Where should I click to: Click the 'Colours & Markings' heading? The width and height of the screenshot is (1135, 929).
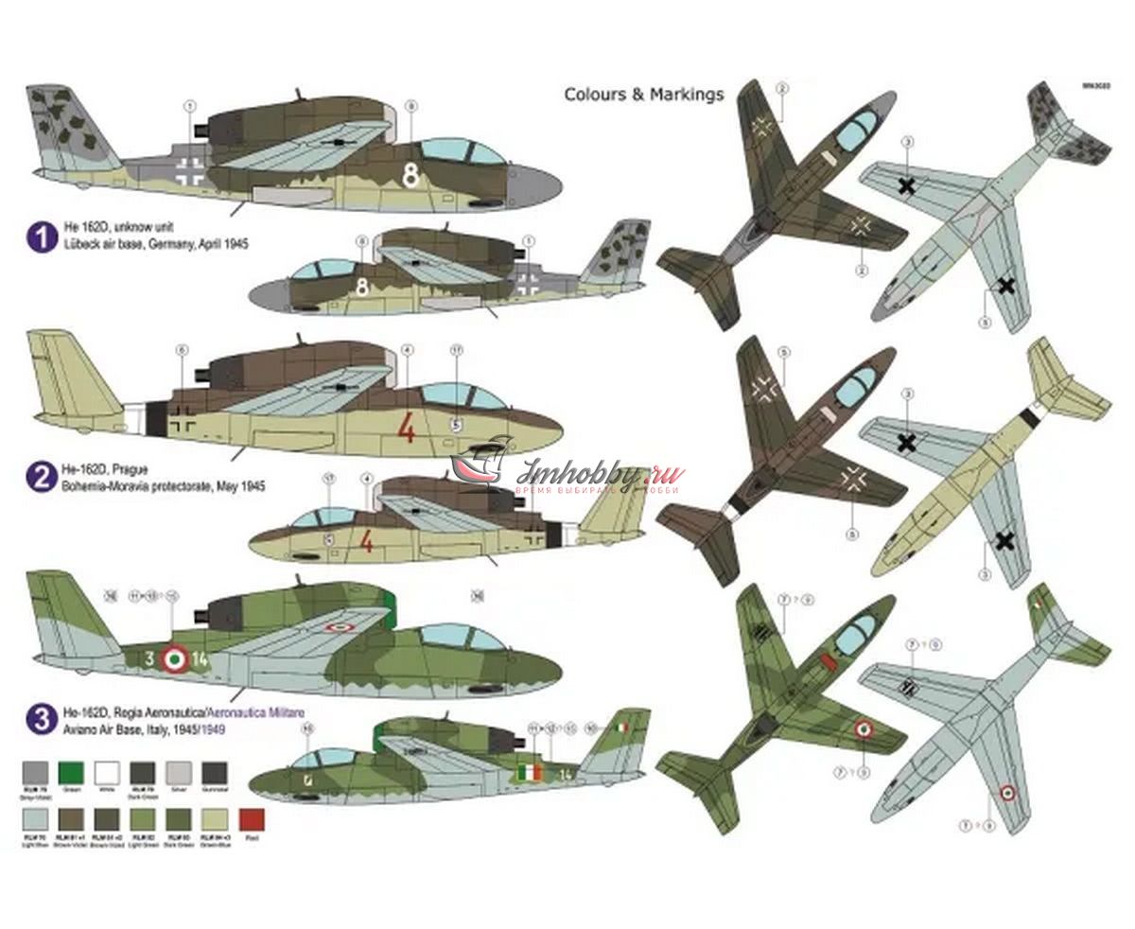(x=643, y=95)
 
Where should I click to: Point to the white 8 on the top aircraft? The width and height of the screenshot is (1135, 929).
(x=410, y=175)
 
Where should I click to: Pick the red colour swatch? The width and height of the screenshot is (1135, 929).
(x=252, y=819)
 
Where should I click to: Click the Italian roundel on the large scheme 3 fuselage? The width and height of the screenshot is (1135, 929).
(x=173, y=658)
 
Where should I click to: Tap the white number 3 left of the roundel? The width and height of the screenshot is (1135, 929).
(x=148, y=658)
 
